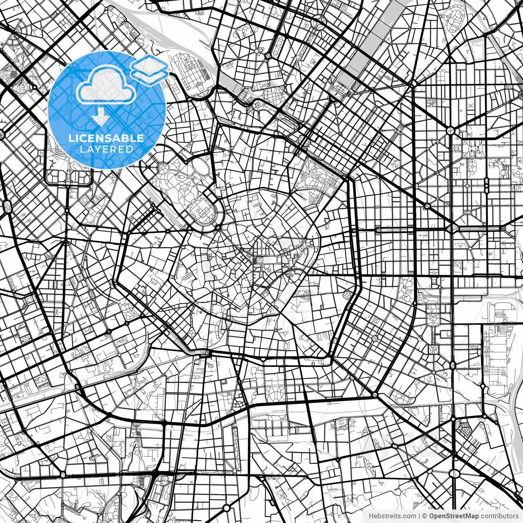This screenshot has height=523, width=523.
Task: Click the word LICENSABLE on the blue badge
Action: click(x=106, y=138)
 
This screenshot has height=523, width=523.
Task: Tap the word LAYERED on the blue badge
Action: click(x=106, y=149)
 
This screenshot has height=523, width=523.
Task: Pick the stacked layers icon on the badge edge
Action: click(x=150, y=69)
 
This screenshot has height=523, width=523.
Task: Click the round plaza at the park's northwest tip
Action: click(x=163, y=168)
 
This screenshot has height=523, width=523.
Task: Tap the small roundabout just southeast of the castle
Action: click(x=219, y=227)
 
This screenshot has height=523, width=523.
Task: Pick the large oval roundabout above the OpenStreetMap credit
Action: click(x=454, y=474)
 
